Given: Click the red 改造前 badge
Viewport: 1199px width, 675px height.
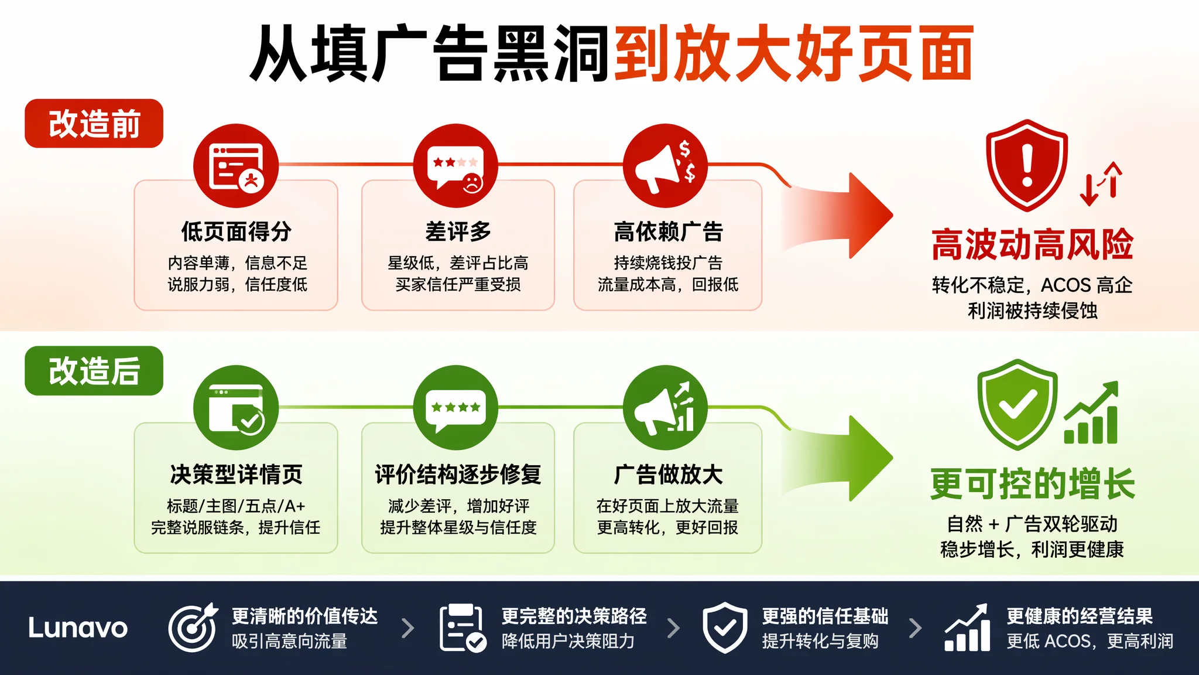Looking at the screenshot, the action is point(94,124).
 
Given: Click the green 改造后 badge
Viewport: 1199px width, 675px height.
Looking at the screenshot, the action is point(94,371).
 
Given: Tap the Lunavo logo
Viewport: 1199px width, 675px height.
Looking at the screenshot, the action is point(78,628).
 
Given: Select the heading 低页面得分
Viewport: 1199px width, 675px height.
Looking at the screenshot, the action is point(236,231).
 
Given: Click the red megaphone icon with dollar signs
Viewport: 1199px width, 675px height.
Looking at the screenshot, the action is point(665,166).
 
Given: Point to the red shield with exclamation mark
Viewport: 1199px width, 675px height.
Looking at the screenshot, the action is point(1027,165).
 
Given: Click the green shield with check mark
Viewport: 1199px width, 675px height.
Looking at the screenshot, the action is point(1018,404).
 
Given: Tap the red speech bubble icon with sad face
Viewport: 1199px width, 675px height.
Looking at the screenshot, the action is point(455,166).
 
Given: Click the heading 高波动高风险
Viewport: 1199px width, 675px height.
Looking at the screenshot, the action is point(1033,244).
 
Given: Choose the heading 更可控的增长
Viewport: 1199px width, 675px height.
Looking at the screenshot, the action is point(1033,484).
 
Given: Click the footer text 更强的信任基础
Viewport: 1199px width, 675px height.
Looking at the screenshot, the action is point(825,616).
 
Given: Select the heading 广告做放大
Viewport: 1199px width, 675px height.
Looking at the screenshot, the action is point(668,474).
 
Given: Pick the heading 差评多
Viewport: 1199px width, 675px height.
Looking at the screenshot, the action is point(458,231).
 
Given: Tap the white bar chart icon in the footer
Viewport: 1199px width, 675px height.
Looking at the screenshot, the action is point(967,628).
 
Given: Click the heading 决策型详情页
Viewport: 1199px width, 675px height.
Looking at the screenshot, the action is point(236,474).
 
